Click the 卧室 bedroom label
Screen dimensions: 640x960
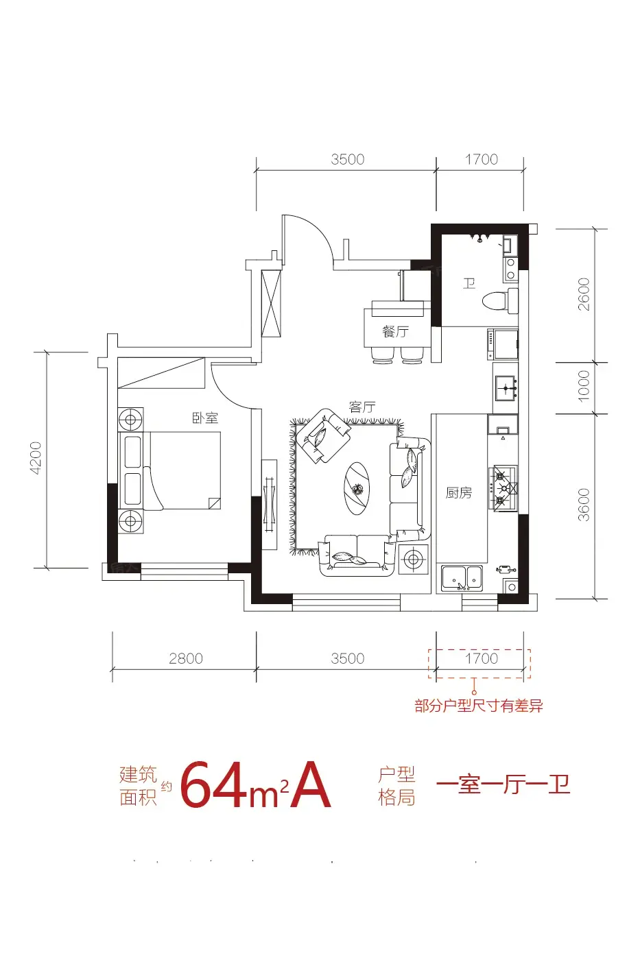click(x=205, y=418)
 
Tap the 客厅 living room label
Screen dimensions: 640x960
click(x=362, y=407)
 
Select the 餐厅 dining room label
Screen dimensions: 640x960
click(x=395, y=331)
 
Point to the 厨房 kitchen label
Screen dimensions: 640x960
click(x=459, y=493)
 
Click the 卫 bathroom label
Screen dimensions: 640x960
click(x=469, y=283)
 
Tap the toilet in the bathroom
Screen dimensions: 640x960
click(x=500, y=300)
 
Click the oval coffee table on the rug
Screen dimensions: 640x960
click(x=357, y=488)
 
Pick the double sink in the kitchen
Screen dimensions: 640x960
click(x=462, y=577)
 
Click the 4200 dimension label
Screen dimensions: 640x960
click(x=36, y=458)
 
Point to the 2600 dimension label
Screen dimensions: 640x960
click(x=584, y=294)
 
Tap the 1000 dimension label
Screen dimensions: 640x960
click(x=584, y=386)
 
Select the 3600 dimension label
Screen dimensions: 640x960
click(x=584, y=505)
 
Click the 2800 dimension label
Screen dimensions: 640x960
click(x=186, y=658)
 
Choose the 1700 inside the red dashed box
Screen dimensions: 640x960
click(x=482, y=658)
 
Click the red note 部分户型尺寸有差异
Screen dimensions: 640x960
click(x=479, y=705)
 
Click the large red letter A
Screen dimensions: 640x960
click(x=310, y=785)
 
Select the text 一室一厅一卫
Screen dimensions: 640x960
click(x=503, y=784)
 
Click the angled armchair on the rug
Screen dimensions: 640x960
click(x=324, y=435)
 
